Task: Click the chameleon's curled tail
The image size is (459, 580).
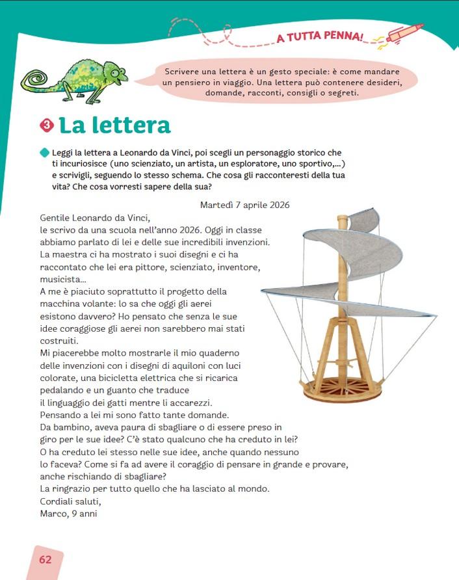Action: [x=34, y=81]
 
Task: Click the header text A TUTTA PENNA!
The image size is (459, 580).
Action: [x=320, y=36]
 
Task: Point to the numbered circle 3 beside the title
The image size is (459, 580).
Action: [x=46, y=125]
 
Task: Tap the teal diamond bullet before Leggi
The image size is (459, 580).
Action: [x=44, y=152]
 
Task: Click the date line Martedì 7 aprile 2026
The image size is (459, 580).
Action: [x=245, y=205]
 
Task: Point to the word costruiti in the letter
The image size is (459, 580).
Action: [x=59, y=341]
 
